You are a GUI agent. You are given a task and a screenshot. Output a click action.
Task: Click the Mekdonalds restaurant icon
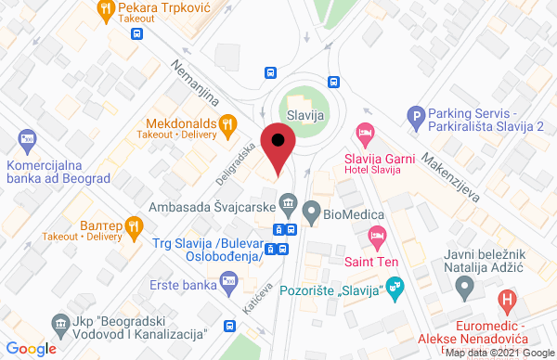227,122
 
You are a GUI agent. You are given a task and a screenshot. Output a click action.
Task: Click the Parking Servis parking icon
417,116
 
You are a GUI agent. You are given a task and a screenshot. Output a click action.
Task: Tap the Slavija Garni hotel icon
366,136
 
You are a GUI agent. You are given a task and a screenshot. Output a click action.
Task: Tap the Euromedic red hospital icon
506,301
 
